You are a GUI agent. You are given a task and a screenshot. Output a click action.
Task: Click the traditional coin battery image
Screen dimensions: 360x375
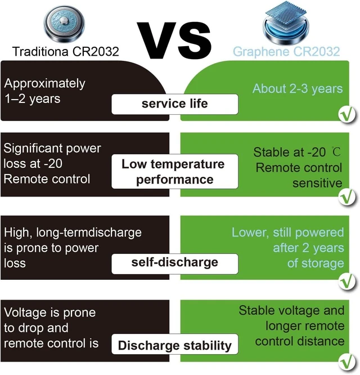[64, 24]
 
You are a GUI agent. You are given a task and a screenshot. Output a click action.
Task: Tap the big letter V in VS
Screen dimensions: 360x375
[157, 40]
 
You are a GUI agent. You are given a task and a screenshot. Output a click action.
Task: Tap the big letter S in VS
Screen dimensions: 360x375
[195, 40]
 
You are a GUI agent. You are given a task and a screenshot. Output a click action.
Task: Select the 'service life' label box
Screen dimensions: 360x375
[174, 104]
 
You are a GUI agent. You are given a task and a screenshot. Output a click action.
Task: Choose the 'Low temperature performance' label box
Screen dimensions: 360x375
[174, 172]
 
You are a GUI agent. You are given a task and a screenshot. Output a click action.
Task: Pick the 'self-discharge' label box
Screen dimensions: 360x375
[174, 264]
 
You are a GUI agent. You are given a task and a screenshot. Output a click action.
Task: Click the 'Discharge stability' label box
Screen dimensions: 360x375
[174, 344]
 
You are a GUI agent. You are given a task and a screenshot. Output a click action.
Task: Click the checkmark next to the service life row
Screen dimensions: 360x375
[347, 114]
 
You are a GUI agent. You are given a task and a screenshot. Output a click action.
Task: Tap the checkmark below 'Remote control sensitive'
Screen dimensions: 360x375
[347, 197]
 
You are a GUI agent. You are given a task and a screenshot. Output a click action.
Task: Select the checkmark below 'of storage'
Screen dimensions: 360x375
[347, 282]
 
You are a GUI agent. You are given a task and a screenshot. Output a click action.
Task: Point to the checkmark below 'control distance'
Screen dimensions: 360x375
[347, 363]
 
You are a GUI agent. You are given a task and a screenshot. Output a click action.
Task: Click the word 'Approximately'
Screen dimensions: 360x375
[44, 84]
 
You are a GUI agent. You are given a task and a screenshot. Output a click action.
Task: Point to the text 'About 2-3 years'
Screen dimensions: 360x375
[298, 89]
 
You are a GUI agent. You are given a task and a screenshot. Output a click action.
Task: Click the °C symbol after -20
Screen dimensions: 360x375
[336, 151]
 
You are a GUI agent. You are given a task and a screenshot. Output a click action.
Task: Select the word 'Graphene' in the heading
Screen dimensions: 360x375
[261, 52]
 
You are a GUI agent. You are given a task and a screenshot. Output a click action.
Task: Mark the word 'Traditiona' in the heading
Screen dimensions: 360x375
[40, 51]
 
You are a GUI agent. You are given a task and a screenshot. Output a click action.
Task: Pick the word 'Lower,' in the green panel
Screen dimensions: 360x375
[250, 233]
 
